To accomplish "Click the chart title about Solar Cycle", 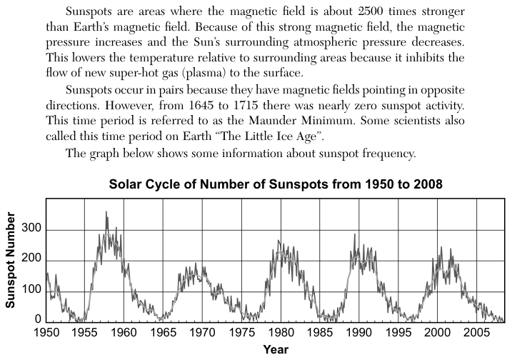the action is [276, 184].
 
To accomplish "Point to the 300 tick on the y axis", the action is [31, 228].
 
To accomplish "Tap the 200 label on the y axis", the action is [31, 259].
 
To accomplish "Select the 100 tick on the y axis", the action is [31, 289].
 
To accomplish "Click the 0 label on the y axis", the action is [39, 319].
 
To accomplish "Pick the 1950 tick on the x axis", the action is [46, 333].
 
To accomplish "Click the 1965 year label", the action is [164, 333].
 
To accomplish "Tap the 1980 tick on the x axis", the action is [281, 333].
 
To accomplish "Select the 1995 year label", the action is [398, 333].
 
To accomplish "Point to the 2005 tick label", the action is [476, 333].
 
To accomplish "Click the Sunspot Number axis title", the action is [10, 260].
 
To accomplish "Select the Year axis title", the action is [276, 349].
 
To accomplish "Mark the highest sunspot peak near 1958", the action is [106, 212].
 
